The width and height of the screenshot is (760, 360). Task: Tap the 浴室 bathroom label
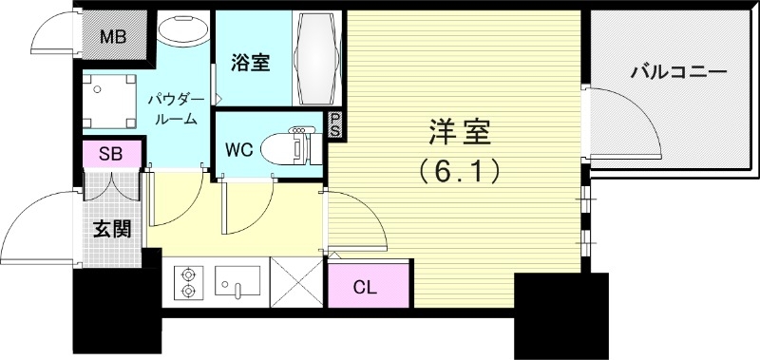click(x=251, y=64)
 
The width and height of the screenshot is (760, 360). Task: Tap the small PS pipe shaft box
click(x=334, y=125)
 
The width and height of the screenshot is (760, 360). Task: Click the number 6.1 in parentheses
click(x=458, y=171)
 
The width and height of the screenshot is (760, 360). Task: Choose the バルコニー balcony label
click(x=678, y=72)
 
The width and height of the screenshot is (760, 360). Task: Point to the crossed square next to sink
click(x=297, y=282)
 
